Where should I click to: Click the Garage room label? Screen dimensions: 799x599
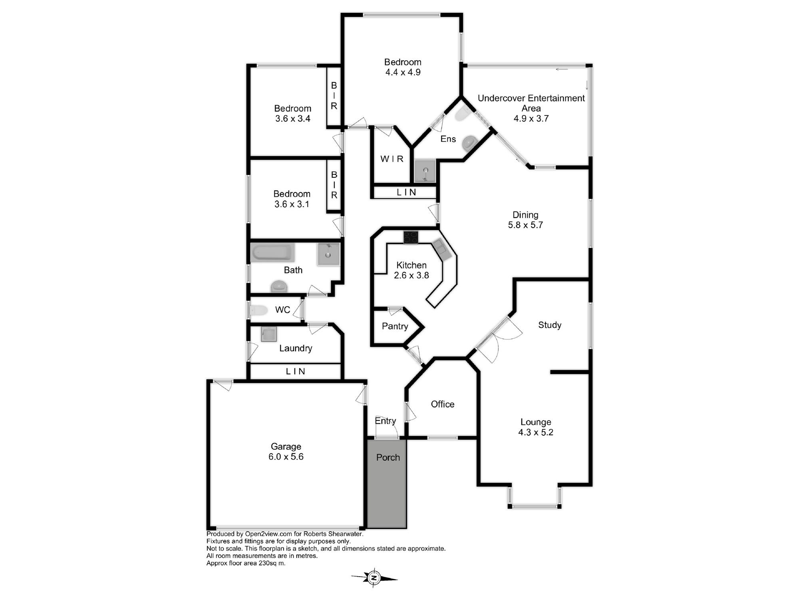click(286, 446)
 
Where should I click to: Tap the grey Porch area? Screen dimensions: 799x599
click(387, 484)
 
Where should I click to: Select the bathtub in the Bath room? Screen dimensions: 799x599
click(272, 253)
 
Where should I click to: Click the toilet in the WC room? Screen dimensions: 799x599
click(258, 310)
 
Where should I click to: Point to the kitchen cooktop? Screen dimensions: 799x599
click(411, 237)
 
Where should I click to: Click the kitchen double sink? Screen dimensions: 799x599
click(441, 248)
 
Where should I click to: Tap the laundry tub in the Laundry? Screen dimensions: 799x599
click(268, 334)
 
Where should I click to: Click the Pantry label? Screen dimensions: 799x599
click(395, 326)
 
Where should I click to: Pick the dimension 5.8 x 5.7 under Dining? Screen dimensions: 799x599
click(525, 225)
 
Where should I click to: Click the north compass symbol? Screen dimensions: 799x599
click(374, 577)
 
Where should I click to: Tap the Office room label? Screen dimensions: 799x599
click(443, 404)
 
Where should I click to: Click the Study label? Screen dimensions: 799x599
click(550, 325)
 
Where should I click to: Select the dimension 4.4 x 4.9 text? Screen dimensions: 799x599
click(403, 72)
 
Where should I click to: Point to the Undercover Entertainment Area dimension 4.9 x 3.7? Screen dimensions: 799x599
click(531, 119)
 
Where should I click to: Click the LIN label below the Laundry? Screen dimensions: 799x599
click(296, 371)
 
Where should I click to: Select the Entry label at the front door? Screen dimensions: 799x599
click(386, 421)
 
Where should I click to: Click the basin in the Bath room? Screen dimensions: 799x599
click(328, 254)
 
